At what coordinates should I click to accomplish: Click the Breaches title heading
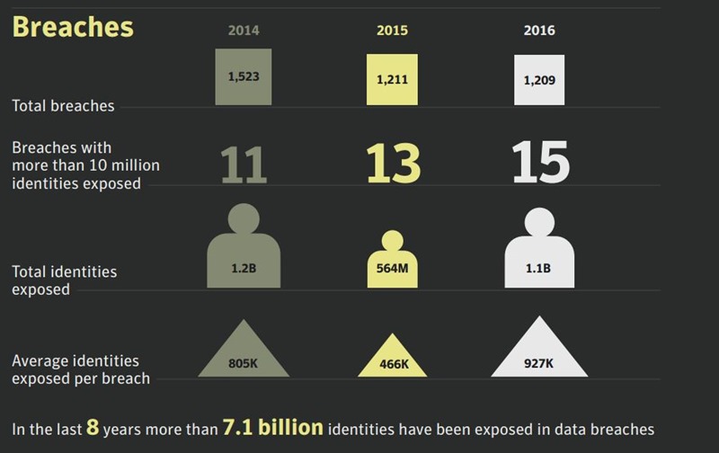pyautogui.click(x=73, y=27)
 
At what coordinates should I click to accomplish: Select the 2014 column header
pyautogui.click(x=244, y=31)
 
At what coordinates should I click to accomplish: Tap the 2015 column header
pyautogui.click(x=392, y=31)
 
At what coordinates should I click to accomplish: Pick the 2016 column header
pyautogui.click(x=539, y=31)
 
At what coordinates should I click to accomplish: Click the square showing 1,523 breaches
pyautogui.click(x=244, y=77)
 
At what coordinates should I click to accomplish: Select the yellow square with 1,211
pyautogui.click(x=392, y=80)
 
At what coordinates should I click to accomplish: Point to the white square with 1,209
pyautogui.click(x=539, y=80)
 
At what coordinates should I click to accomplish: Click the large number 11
pyautogui.click(x=244, y=164)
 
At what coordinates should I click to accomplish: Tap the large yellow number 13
pyautogui.click(x=393, y=163)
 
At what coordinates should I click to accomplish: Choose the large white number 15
pyautogui.click(x=540, y=163)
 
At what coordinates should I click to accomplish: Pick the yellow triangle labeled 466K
pyautogui.click(x=392, y=359)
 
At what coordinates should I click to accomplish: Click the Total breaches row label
pyautogui.click(x=63, y=106)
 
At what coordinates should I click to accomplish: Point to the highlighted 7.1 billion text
pyautogui.click(x=272, y=428)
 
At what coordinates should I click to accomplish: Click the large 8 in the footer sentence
pyautogui.click(x=93, y=428)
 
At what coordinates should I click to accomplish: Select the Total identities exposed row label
pyautogui.click(x=64, y=280)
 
